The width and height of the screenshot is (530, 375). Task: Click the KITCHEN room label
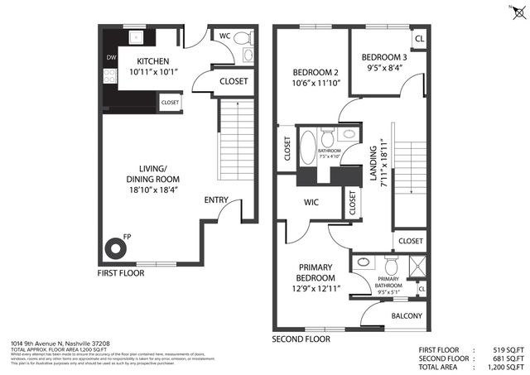(153, 61)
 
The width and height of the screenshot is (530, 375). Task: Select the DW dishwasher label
(111, 58)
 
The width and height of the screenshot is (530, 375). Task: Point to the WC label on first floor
(224, 36)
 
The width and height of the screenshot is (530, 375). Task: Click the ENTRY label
(217, 200)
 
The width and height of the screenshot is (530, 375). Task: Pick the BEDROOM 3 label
(383, 57)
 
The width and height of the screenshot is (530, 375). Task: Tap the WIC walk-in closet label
(311, 201)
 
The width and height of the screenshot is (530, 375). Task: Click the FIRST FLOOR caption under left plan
(120, 272)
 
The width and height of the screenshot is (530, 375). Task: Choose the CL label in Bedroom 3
(419, 39)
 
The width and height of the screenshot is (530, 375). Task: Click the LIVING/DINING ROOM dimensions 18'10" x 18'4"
(153, 190)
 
